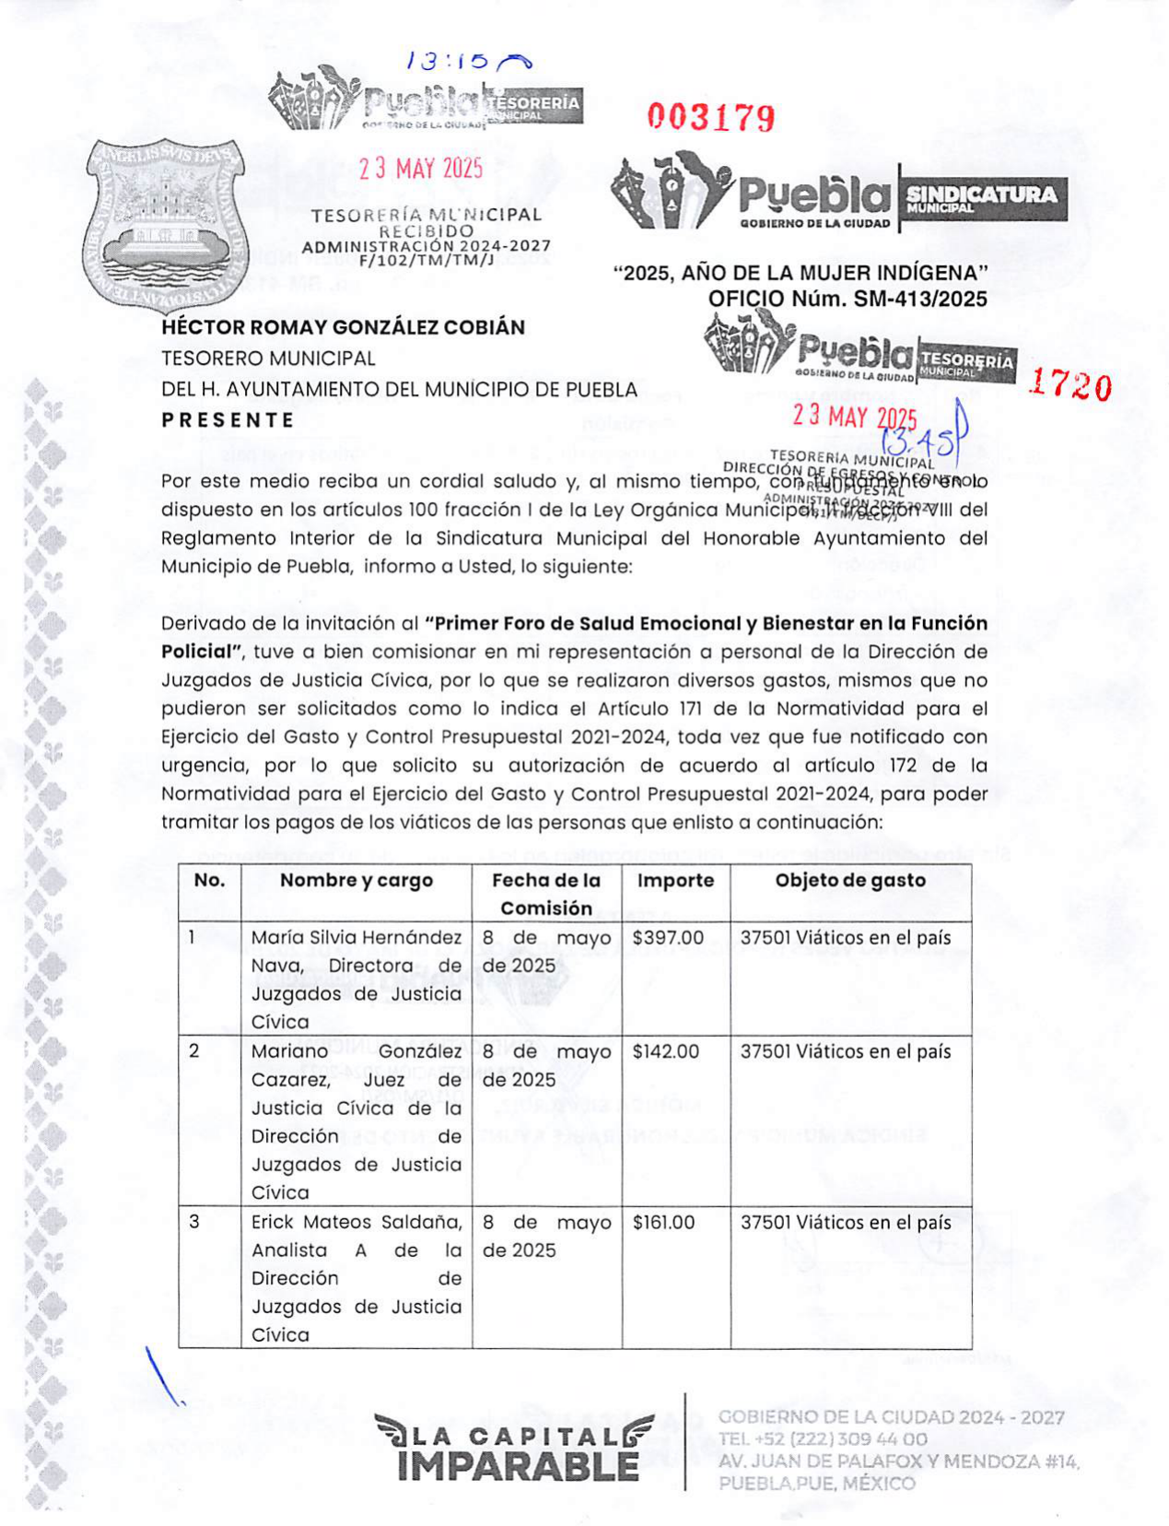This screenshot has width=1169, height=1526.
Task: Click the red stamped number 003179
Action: click(x=710, y=117)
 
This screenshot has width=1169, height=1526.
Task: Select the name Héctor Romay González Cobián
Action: click(x=343, y=327)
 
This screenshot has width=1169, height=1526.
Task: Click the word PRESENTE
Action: click(x=228, y=420)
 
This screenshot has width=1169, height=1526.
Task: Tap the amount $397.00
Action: click(x=668, y=938)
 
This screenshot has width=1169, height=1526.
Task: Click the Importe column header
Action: click(x=675, y=881)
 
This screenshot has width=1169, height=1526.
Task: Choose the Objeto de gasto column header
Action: click(x=849, y=881)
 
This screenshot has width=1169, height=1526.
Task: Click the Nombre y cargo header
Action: click(x=356, y=881)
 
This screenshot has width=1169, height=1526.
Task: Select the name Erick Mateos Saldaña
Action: click(x=356, y=1223)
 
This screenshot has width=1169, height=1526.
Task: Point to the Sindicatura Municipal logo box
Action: click(x=982, y=197)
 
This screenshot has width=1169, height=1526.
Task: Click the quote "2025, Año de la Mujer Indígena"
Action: click(x=801, y=274)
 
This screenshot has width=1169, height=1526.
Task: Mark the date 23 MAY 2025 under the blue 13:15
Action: click(x=421, y=169)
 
